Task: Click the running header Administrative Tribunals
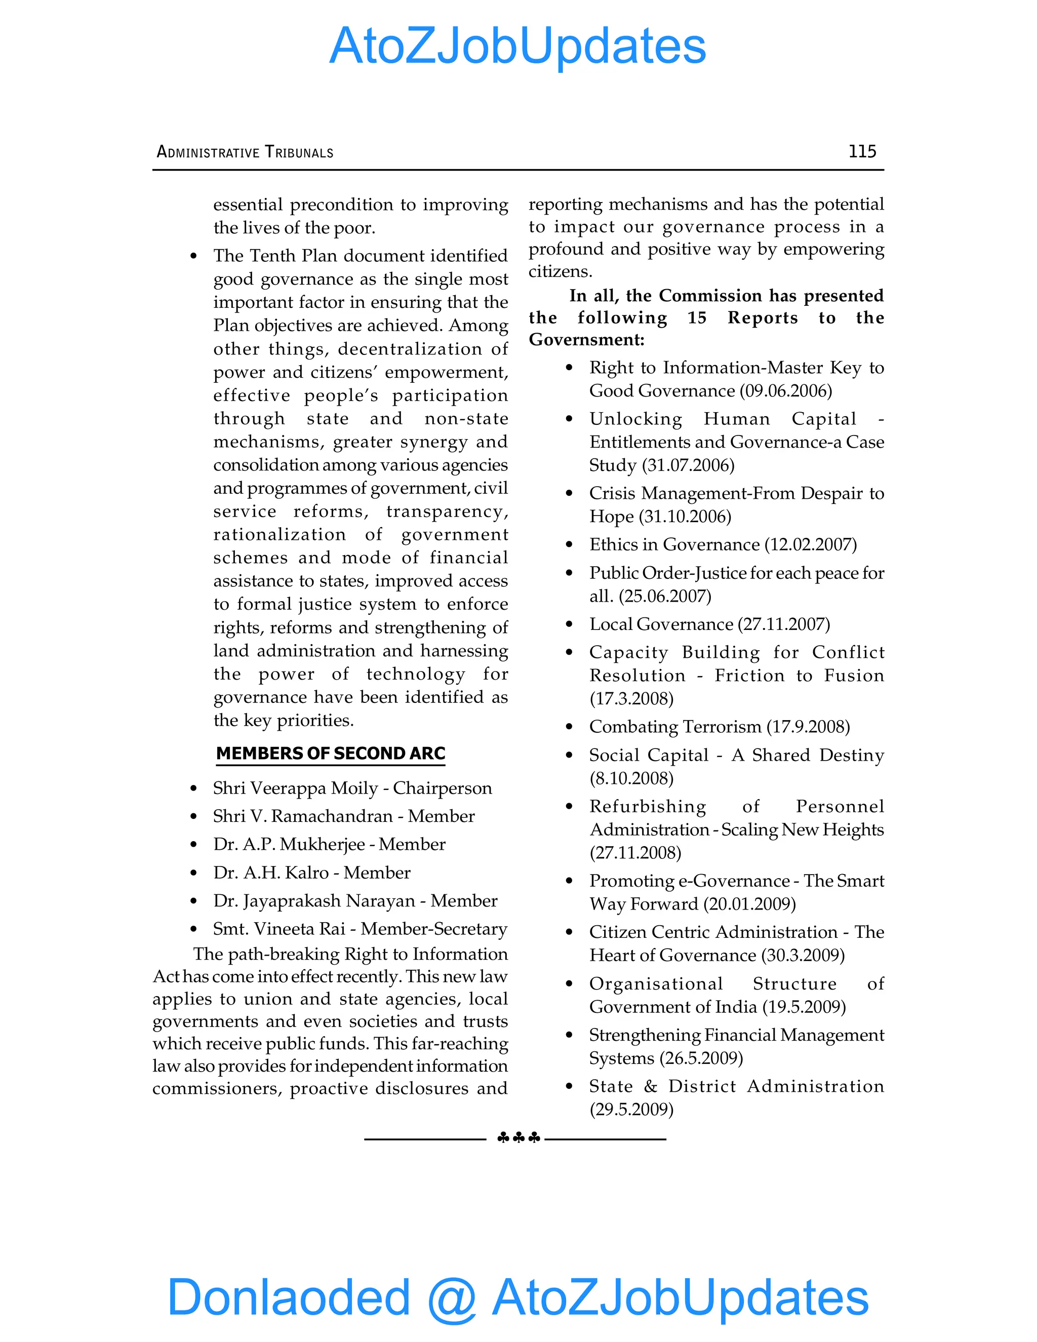[x=245, y=152]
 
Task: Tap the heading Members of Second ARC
[x=331, y=754]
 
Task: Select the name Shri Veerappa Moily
[x=296, y=788]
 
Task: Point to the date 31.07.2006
[x=688, y=465]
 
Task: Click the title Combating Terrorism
[x=674, y=727]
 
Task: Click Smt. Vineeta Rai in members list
[x=279, y=929]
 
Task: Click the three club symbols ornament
[x=518, y=1138]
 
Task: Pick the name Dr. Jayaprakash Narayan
[x=314, y=901]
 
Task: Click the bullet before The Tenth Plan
[x=193, y=256]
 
